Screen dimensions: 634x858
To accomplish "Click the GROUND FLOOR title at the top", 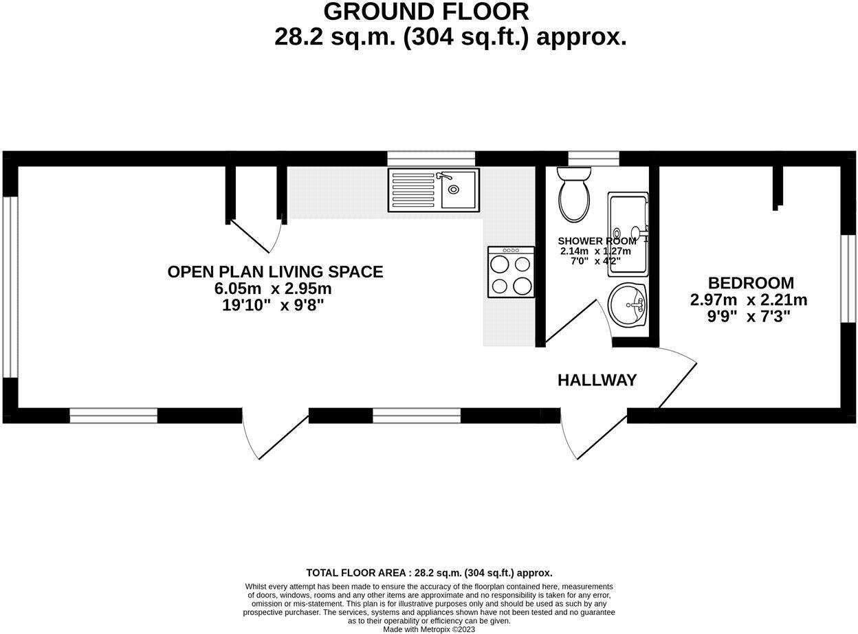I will pyautogui.click(x=426, y=12).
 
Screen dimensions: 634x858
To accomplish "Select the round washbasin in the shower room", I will pyautogui.click(x=627, y=306).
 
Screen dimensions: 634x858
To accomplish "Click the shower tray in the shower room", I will pyautogui.click(x=628, y=234).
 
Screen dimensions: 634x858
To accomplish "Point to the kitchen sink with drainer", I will pyautogui.click(x=433, y=189).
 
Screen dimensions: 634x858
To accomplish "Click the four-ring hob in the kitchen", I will pyautogui.click(x=511, y=273).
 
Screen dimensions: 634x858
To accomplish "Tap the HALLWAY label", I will pyautogui.click(x=597, y=380).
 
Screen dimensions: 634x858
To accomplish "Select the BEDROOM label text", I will pyautogui.click(x=751, y=283).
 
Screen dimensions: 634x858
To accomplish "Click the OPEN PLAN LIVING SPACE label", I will pyautogui.click(x=275, y=271).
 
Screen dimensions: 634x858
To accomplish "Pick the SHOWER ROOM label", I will pyautogui.click(x=596, y=241).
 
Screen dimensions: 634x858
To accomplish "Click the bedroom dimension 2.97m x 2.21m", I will pyautogui.click(x=748, y=300).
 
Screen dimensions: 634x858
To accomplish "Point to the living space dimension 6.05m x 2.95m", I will pyautogui.click(x=273, y=288).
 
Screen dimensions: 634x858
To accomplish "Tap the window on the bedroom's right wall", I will pyautogui.click(x=848, y=278).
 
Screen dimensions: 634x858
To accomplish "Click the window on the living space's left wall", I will pyautogui.click(x=10, y=287).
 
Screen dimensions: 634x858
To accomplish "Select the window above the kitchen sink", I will pyautogui.click(x=430, y=159).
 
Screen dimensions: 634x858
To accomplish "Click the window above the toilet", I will pyautogui.click(x=593, y=159).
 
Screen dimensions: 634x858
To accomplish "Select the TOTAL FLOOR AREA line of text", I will pyautogui.click(x=429, y=572).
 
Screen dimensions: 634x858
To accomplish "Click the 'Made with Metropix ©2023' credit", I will pyautogui.click(x=429, y=629).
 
